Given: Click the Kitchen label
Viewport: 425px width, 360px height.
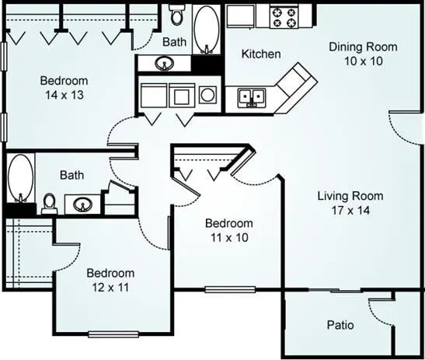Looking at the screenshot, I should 260,54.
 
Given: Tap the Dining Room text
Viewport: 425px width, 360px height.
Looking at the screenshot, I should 363,47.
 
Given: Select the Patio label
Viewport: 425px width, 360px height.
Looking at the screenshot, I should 339,323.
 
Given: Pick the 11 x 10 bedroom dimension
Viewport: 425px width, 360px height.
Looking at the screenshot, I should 228,237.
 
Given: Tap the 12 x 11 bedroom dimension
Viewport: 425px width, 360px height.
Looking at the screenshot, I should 110,287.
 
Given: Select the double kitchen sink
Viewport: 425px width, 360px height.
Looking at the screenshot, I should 252,97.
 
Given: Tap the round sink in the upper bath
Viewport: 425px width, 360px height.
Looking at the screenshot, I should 165,64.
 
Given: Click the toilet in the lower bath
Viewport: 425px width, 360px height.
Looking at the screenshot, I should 49,204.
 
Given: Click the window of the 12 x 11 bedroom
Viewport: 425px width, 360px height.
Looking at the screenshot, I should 113,334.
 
